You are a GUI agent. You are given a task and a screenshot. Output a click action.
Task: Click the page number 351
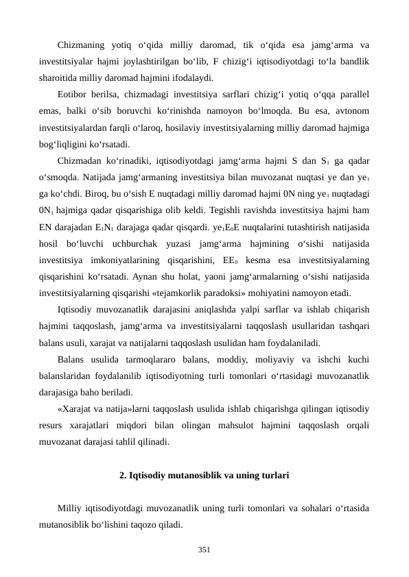pos(204,549)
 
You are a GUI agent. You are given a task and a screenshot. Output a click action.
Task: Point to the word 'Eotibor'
pos(73,93)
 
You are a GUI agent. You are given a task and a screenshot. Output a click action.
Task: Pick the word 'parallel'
pos(351,93)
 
